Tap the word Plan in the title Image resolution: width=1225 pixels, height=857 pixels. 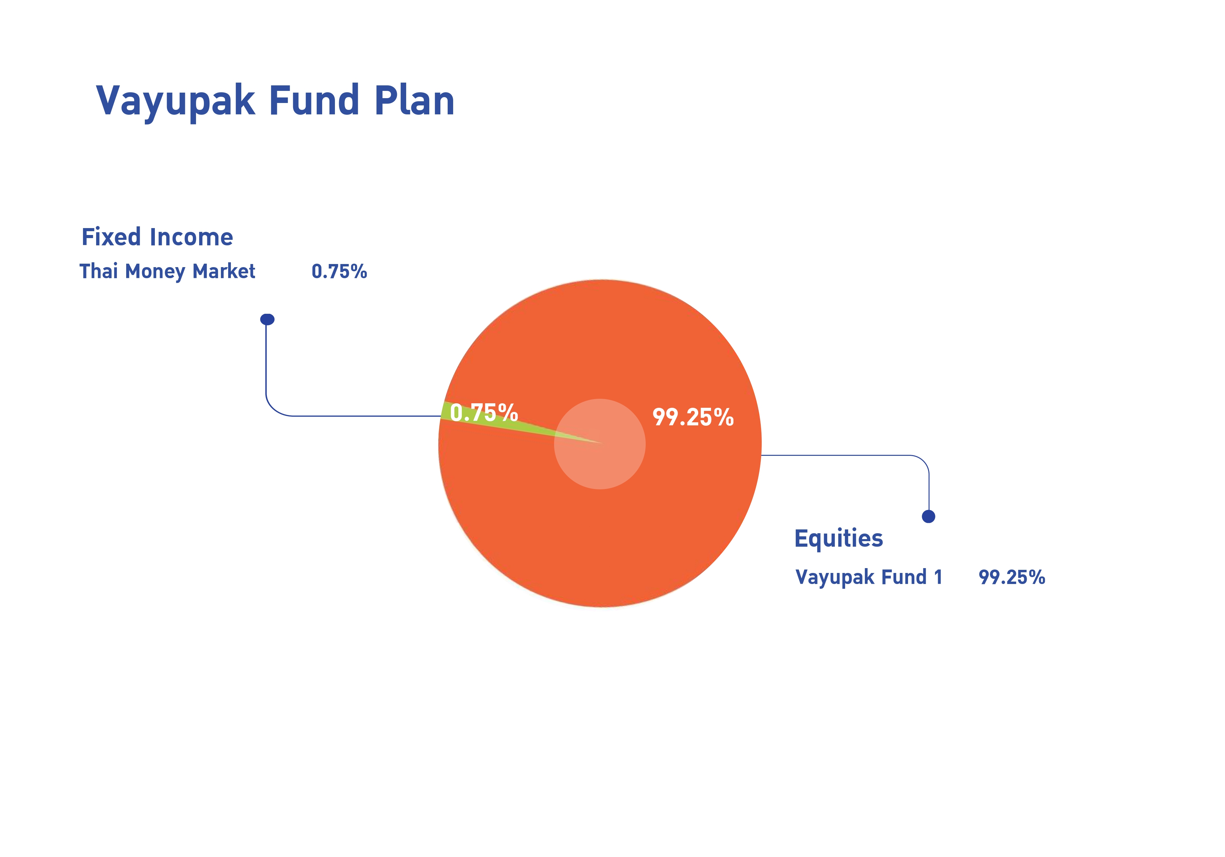pyautogui.click(x=414, y=100)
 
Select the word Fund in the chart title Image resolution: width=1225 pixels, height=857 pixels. pyautogui.click(x=314, y=100)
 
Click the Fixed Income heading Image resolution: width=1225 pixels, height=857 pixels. pyautogui.click(x=157, y=237)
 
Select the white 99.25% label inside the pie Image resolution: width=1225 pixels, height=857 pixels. pyautogui.click(x=693, y=417)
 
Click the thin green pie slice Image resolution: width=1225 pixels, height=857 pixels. pyautogui.click(x=496, y=420)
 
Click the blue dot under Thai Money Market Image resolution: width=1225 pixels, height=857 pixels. pyautogui.click(x=267, y=319)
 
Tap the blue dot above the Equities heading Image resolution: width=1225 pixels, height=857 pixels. pyautogui.click(x=928, y=516)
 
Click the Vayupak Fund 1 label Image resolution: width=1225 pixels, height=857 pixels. pyautogui.click(x=869, y=577)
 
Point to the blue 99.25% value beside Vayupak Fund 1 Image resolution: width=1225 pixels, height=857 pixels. pyautogui.click(x=1012, y=577)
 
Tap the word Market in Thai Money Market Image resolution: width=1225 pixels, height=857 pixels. pyautogui.click(x=224, y=271)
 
